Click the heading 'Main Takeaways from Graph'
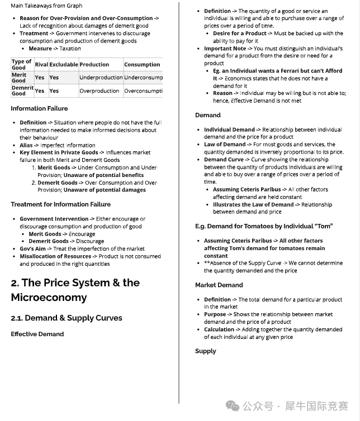[46, 6]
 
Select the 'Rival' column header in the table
[41, 65]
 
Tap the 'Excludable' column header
[63, 65]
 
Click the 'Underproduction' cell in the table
[101, 78]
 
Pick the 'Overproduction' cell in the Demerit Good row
[99, 90]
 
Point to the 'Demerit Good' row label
[22, 90]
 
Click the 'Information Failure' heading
[39, 108]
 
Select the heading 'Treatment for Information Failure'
[60, 204]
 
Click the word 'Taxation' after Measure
[70, 49]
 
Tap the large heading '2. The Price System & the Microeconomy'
[75, 290]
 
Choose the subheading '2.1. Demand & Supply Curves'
[66, 318]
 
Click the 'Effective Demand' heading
[37, 334]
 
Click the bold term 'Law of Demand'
[225, 145]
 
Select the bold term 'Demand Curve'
[224, 160]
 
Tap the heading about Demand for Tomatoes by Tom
[263, 226]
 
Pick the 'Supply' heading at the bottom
[205, 351]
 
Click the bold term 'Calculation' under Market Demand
[219, 329]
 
